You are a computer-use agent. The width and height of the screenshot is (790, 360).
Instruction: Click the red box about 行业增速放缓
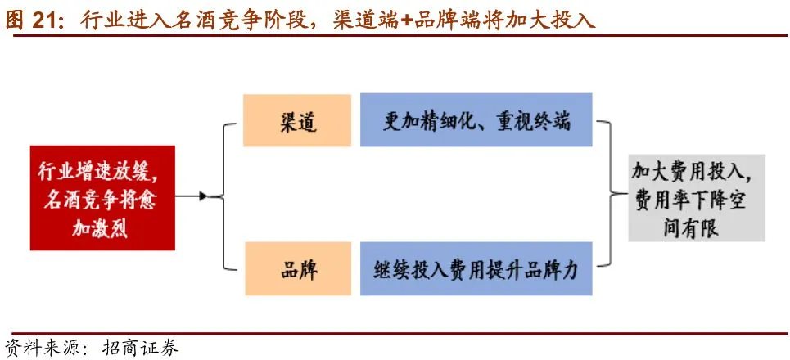(102, 197)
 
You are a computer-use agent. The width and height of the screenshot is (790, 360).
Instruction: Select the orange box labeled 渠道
(296, 122)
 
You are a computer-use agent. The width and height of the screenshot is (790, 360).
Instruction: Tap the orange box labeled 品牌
(296, 269)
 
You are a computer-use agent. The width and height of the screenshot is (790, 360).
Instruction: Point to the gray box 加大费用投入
(696, 197)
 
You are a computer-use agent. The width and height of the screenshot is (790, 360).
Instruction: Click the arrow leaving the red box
(192, 196)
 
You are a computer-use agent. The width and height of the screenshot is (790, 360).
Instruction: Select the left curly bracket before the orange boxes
(224, 196)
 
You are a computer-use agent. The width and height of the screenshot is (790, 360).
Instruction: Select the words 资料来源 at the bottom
(38, 347)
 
